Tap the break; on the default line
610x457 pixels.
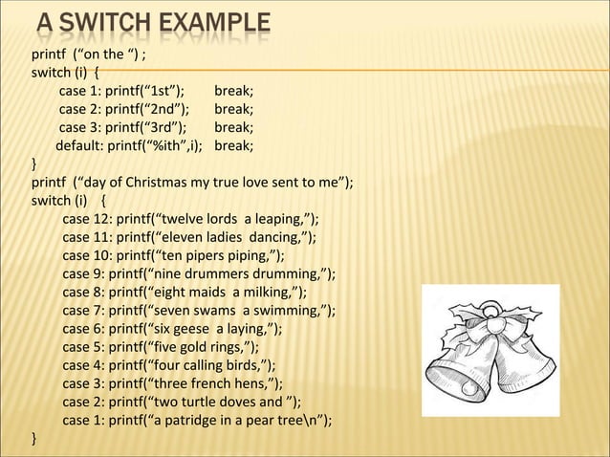coord(234,146)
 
